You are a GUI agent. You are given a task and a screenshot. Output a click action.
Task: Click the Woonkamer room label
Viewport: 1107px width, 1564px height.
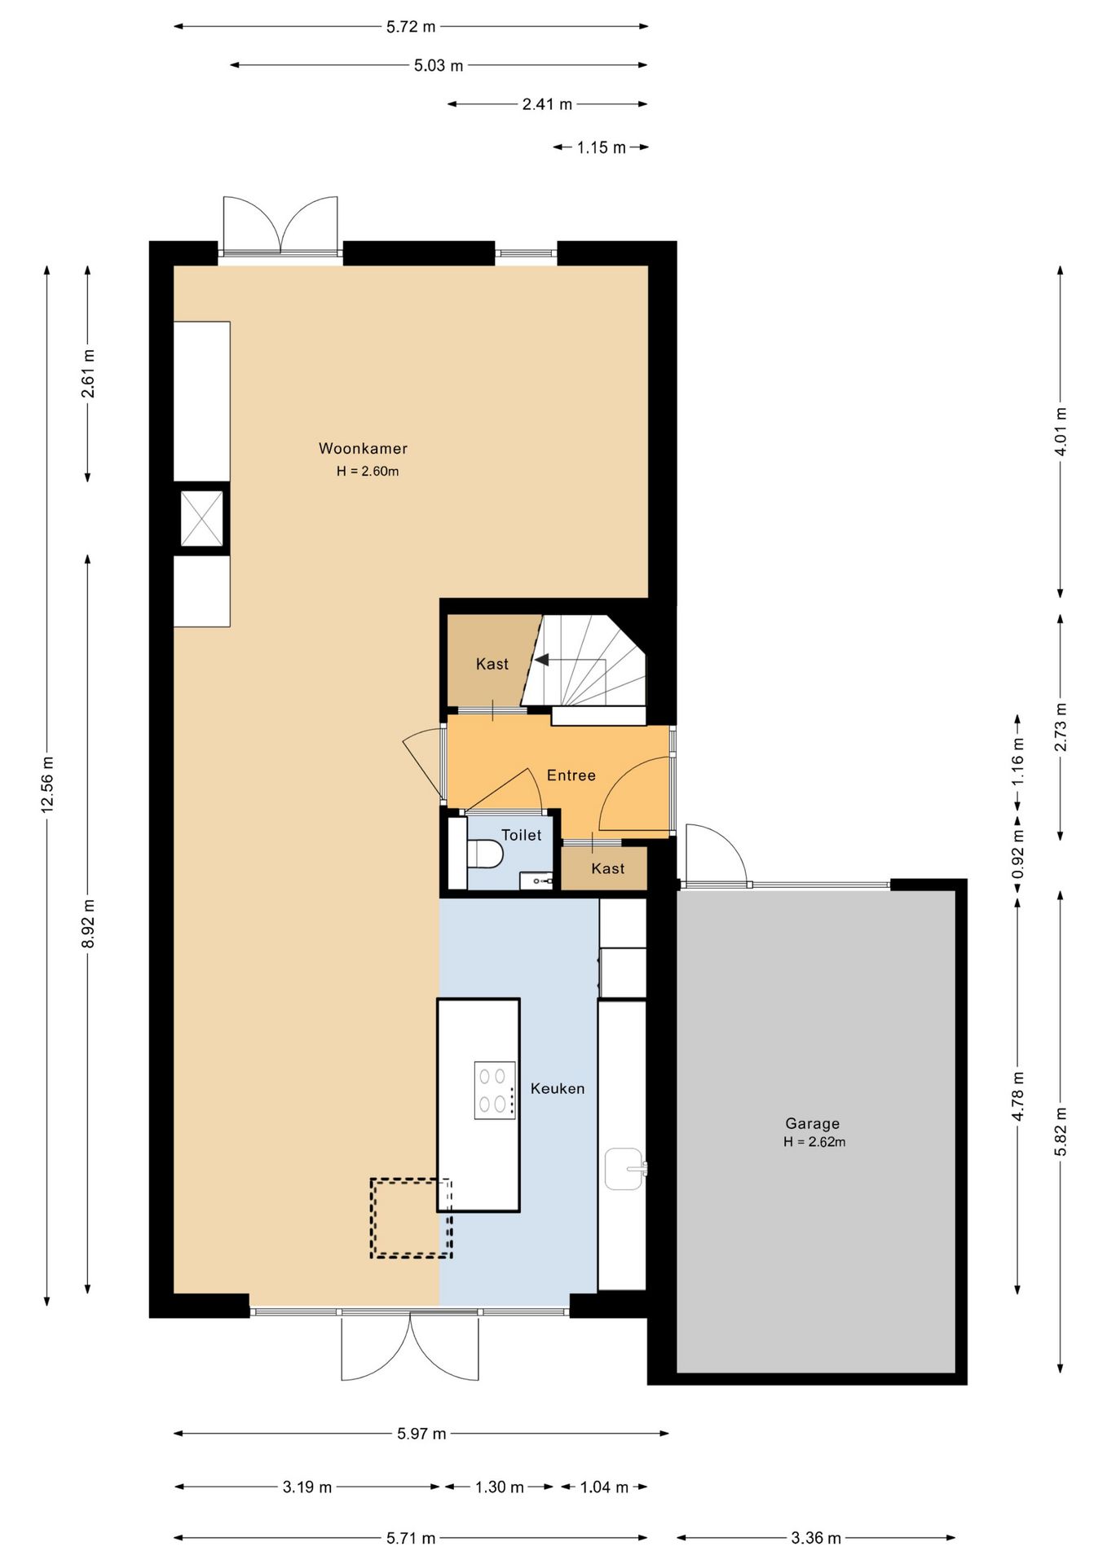363,448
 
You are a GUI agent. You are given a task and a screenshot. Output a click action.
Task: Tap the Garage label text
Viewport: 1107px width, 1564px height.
812,1123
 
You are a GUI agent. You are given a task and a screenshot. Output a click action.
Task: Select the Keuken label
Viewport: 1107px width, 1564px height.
558,1088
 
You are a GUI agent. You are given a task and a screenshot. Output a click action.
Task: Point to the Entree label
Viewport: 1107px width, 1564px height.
571,775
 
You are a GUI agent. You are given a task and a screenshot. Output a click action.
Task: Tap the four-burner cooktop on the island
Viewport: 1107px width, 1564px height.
495,1090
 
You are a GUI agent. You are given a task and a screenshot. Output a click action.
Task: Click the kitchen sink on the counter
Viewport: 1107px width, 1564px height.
625,1169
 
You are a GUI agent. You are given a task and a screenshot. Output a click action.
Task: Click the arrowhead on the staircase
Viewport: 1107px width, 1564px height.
541,660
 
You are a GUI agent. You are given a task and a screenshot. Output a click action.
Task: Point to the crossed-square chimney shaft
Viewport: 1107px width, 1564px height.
201,519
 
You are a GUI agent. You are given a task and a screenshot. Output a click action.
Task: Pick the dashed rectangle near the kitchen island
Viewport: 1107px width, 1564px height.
411,1218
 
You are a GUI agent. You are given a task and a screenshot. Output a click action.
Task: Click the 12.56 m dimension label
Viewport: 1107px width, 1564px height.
47,784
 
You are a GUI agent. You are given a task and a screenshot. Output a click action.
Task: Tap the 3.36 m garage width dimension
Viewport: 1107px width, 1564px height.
816,1538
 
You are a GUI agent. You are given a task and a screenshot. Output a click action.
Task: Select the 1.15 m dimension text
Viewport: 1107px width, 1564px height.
602,147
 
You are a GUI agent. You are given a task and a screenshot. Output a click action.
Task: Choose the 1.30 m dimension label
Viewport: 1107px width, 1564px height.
500,1487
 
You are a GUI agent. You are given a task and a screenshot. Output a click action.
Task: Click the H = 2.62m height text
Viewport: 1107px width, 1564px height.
814,1142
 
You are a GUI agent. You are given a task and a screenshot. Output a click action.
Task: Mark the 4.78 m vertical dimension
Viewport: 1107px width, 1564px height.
1017,1096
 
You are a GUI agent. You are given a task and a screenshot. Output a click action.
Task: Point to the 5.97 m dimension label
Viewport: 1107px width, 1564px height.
421,1434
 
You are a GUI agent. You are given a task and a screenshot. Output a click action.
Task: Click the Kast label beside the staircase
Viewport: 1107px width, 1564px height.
492,664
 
